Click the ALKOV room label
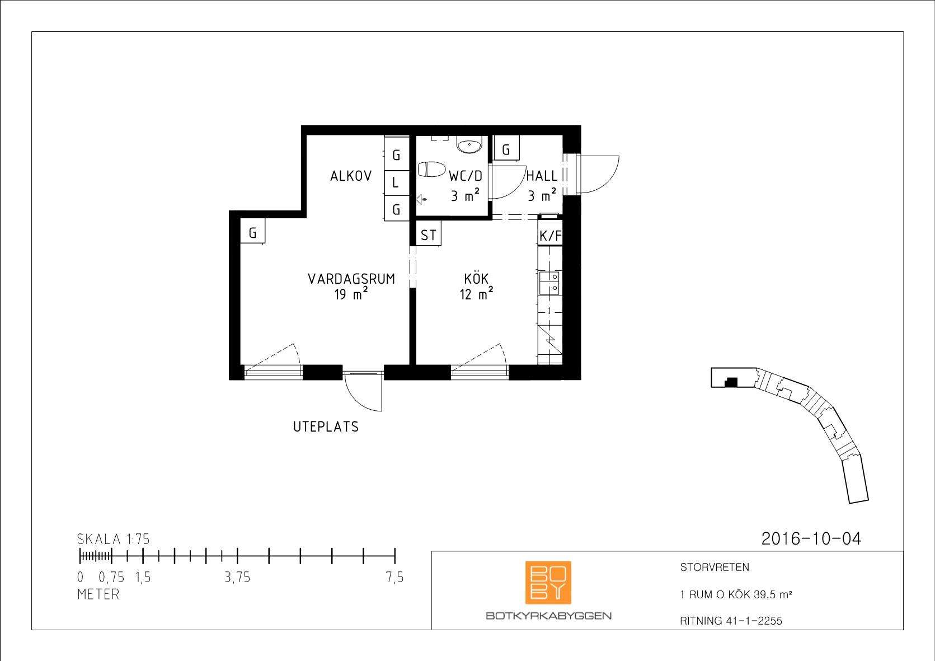(351, 176)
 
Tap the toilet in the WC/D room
(431, 169)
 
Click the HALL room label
(542, 176)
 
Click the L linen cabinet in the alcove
(396, 182)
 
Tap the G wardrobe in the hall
(506, 148)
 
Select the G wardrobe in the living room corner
(252, 231)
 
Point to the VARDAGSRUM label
(351, 279)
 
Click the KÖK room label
(476, 279)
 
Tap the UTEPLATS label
(326, 426)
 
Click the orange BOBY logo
(548, 583)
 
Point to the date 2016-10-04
(811, 538)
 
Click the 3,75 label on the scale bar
(237, 578)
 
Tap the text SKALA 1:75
(113, 539)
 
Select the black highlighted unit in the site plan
(731, 382)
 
